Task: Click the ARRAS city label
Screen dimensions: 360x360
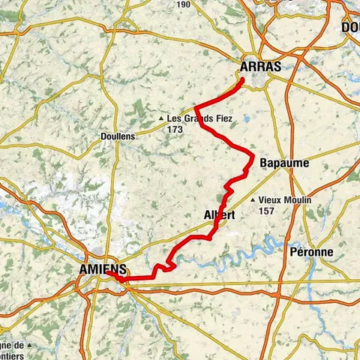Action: (261, 67)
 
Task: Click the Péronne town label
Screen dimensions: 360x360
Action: (310, 252)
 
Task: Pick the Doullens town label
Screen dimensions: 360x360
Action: (117, 136)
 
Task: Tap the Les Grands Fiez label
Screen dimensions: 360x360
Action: (199, 118)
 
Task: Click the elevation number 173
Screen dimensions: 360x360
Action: (175, 130)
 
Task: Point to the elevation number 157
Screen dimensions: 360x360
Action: (266, 211)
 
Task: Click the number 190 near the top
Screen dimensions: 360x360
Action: (182, 4)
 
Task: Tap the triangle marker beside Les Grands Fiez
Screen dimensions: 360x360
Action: (160, 118)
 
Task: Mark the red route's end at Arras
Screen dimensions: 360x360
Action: (242, 79)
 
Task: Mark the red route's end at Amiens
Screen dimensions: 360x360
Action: (107, 274)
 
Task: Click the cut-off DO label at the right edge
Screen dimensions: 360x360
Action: (351, 27)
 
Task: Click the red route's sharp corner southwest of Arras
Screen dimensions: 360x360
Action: (196, 107)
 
